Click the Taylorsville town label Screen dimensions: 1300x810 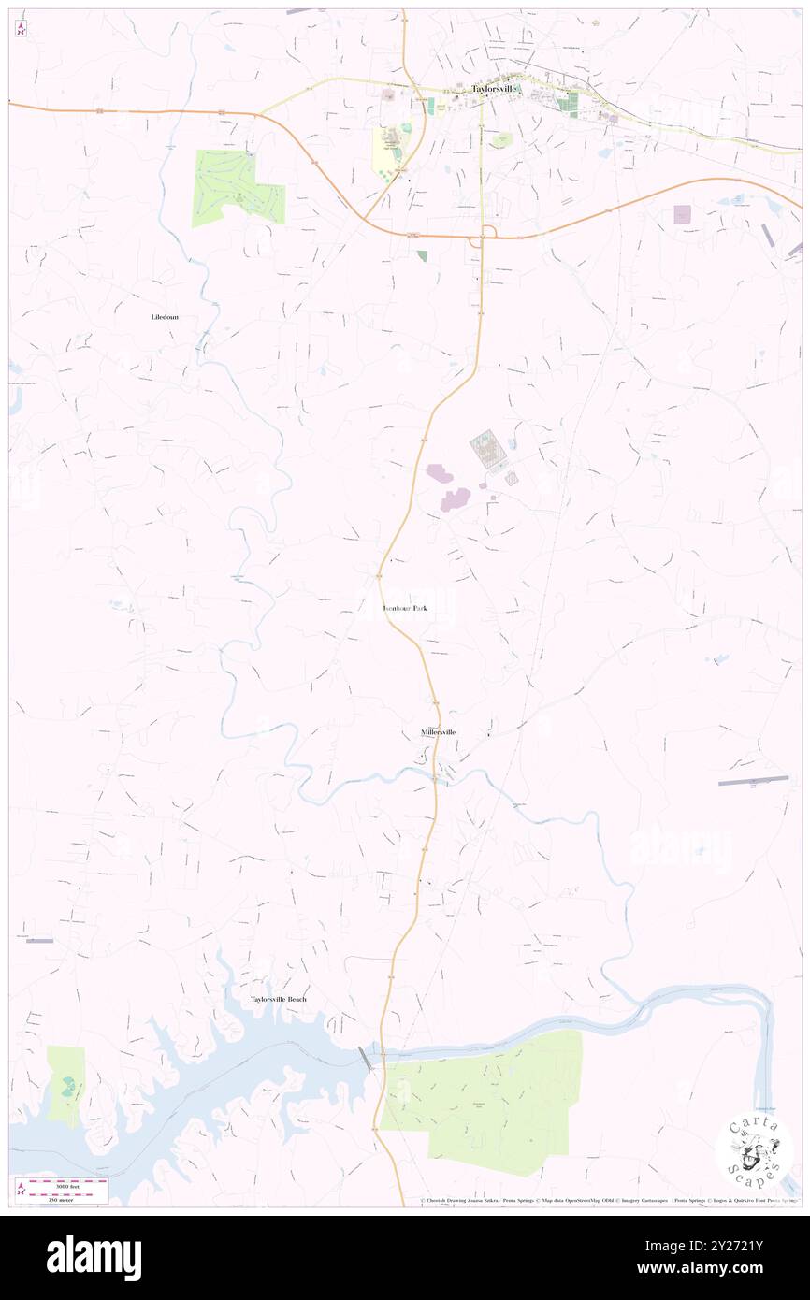pos(495,89)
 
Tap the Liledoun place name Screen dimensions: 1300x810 pos(165,317)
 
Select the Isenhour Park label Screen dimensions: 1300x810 pos(405,609)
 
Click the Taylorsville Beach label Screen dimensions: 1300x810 pos(278,1000)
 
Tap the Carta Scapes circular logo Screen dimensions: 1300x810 pos(754,1151)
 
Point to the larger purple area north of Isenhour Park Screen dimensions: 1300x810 pos(456,500)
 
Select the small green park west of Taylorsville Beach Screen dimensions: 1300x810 pos(65,1085)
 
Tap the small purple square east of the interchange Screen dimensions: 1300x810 pos(682,214)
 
